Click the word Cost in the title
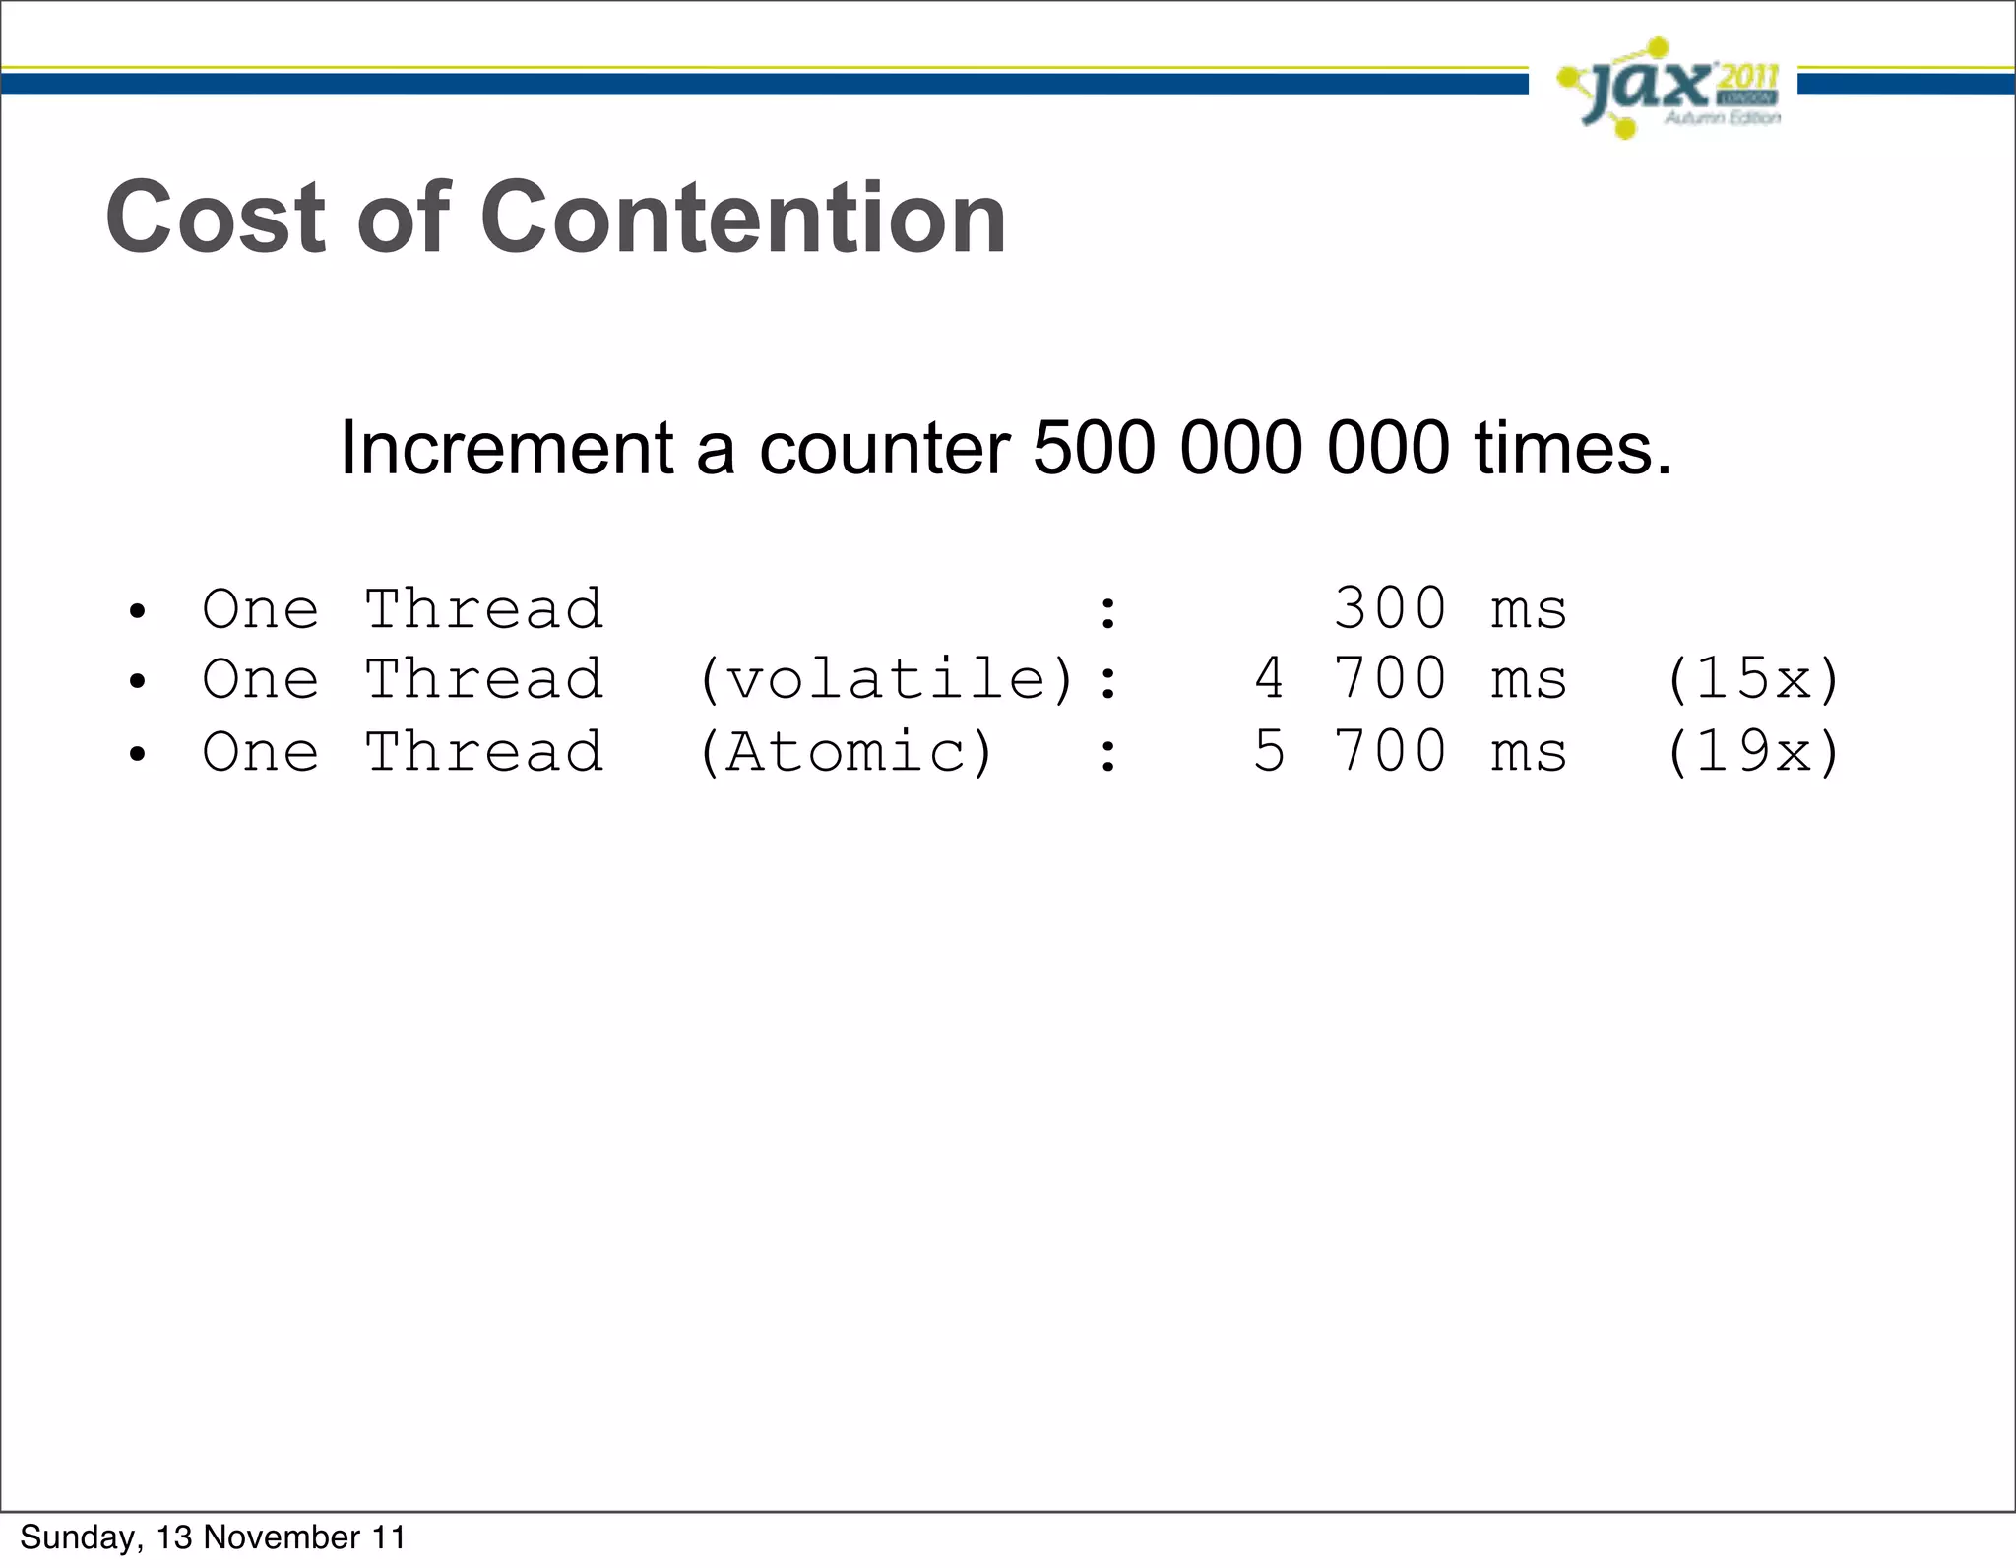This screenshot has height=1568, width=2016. tap(215, 218)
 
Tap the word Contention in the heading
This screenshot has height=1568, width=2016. tap(743, 218)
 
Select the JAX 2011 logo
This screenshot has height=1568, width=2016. tap(1669, 89)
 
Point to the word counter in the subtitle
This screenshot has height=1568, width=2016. tap(884, 449)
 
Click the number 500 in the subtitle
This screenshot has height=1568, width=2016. tap(1093, 449)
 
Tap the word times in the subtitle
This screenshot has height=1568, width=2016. tap(1572, 449)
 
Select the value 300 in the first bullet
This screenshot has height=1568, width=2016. tap(1390, 608)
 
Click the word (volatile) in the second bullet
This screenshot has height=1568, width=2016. tap(886, 680)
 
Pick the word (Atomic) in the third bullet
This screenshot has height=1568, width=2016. tap(847, 753)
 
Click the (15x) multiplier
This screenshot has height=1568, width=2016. tap(1752, 680)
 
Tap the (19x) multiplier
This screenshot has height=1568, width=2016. tap(1752, 753)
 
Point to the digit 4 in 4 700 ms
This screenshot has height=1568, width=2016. tap(1269, 680)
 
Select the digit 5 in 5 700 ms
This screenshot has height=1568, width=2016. tap(1269, 753)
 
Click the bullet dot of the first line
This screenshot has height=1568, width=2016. tap(138, 612)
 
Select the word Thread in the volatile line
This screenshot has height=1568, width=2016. tap(484, 680)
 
